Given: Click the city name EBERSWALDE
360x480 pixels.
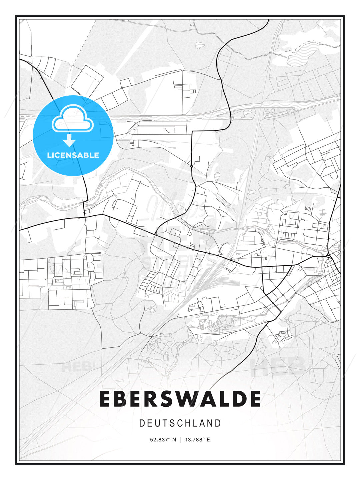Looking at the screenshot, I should click(x=180, y=399).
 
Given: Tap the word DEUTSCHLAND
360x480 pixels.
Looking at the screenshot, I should click(x=180, y=423).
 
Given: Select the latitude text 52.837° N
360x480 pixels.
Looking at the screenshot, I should click(x=163, y=440).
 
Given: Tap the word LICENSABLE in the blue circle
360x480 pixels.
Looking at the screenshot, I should click(x=73, y=155).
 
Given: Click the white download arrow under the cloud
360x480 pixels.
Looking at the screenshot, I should click(x=69, y=140).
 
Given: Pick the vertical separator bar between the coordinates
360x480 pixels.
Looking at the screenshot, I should click(x=181, y=440).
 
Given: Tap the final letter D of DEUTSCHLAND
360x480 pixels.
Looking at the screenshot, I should click(x=218, y=423).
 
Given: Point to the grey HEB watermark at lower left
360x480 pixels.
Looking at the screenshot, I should click(x=76, y=367).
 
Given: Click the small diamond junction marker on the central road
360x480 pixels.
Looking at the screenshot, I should click(x=192, y=166).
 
